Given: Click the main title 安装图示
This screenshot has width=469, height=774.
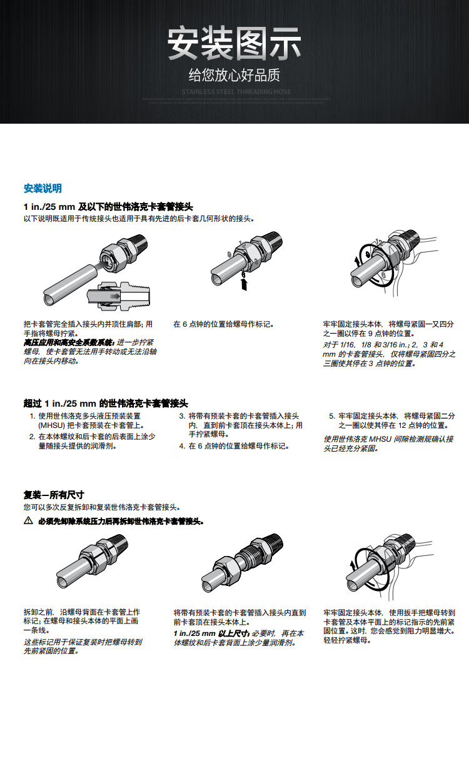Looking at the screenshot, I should pos(234,44).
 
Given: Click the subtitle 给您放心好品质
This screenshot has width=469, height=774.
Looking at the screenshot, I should pos(234,76).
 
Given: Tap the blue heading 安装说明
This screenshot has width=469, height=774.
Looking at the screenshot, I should pos(43,189).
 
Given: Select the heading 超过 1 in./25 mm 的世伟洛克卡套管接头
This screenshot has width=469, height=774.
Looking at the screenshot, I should pos(106,404).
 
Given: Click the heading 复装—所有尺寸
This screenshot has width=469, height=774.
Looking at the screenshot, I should pos(54,495).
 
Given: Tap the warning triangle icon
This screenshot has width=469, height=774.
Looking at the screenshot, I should pos(28,521).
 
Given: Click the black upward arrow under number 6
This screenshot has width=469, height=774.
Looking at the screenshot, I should pos(243,284).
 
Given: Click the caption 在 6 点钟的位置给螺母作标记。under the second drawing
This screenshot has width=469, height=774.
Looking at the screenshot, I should pos(224,325).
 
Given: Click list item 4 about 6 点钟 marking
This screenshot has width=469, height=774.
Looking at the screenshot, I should pos(237,446).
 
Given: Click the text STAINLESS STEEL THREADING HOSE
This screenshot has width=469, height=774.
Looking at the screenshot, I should pos(236,92).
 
